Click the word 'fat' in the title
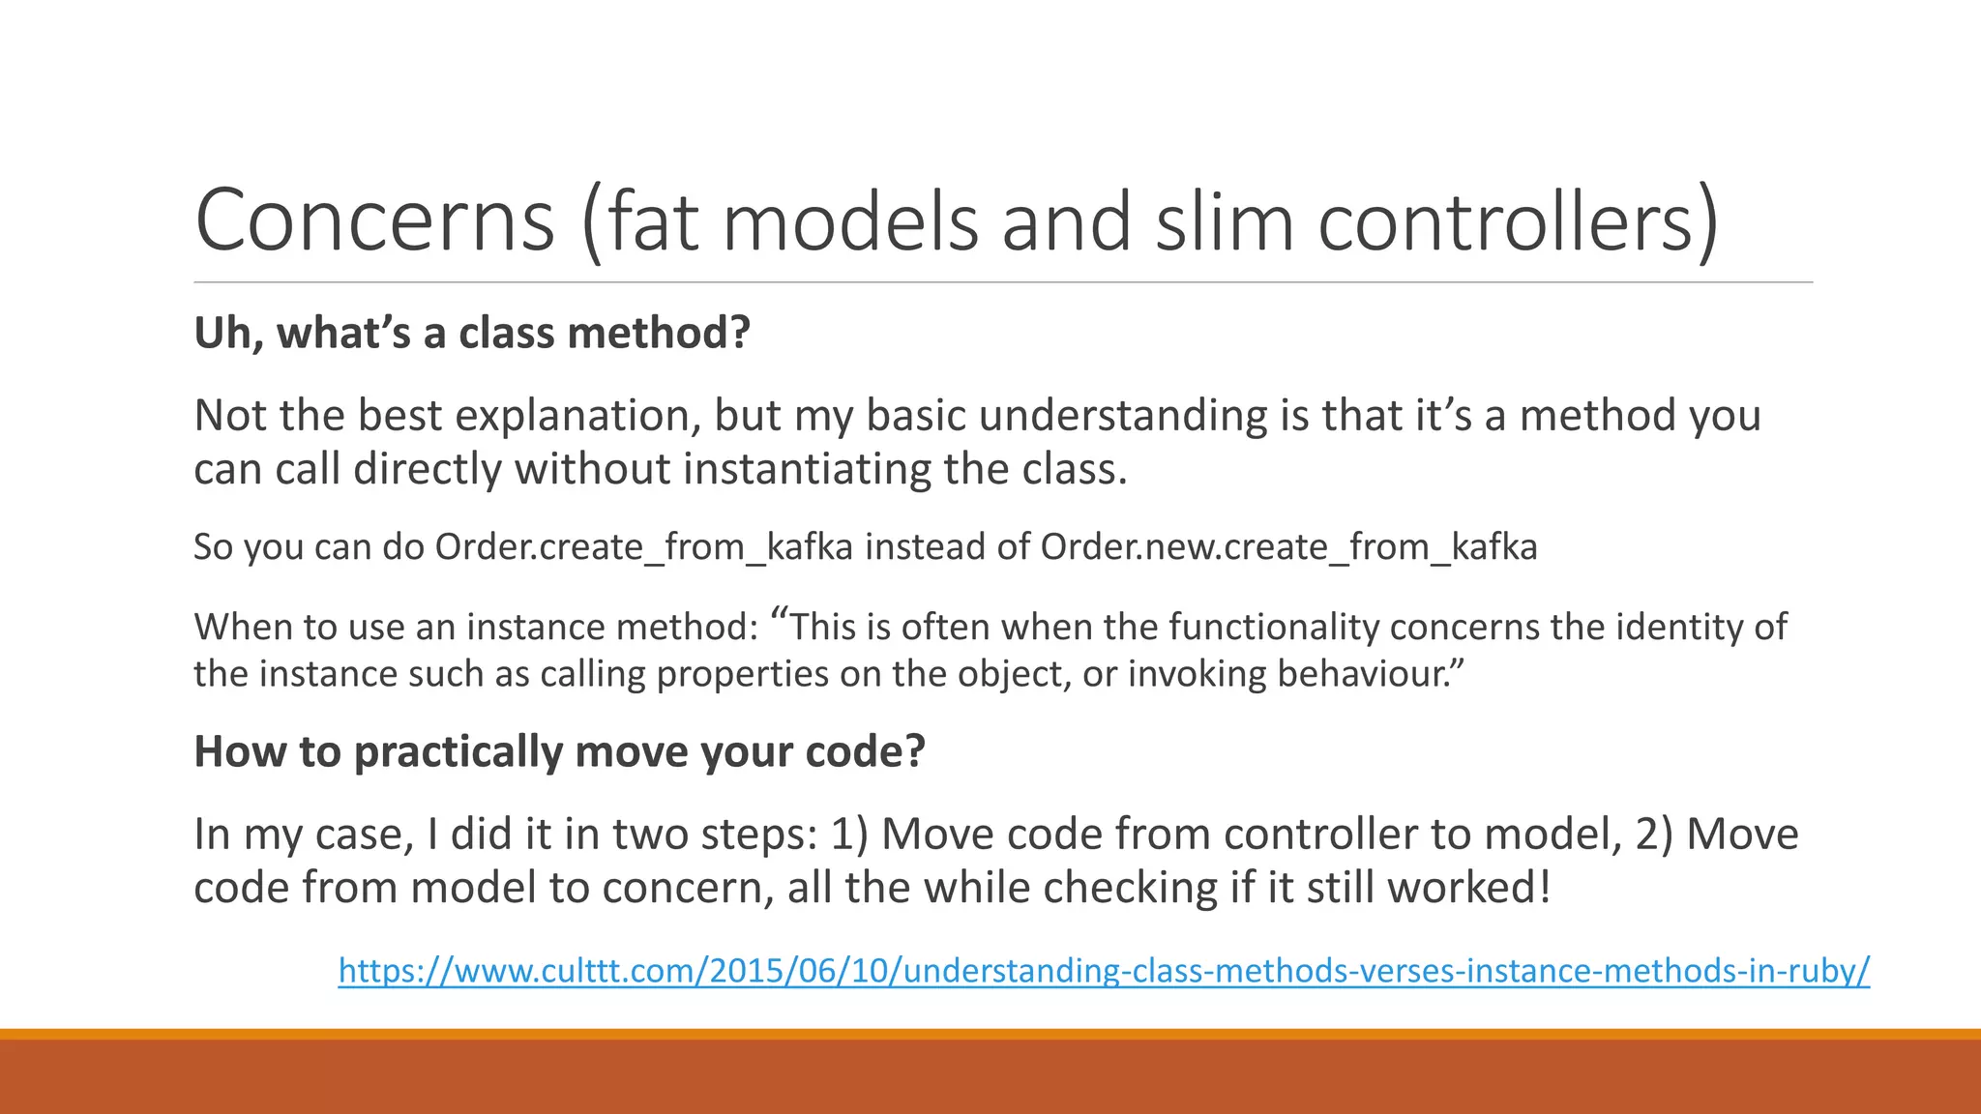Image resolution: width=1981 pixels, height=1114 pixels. click(651, 220)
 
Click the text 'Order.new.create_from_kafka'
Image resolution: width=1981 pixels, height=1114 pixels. click(1288, 547)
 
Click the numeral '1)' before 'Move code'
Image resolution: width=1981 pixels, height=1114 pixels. click(850, 835)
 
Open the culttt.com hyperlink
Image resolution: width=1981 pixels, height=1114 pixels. click(1104, 970)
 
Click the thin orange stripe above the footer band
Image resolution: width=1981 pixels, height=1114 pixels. click(990, 1034)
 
